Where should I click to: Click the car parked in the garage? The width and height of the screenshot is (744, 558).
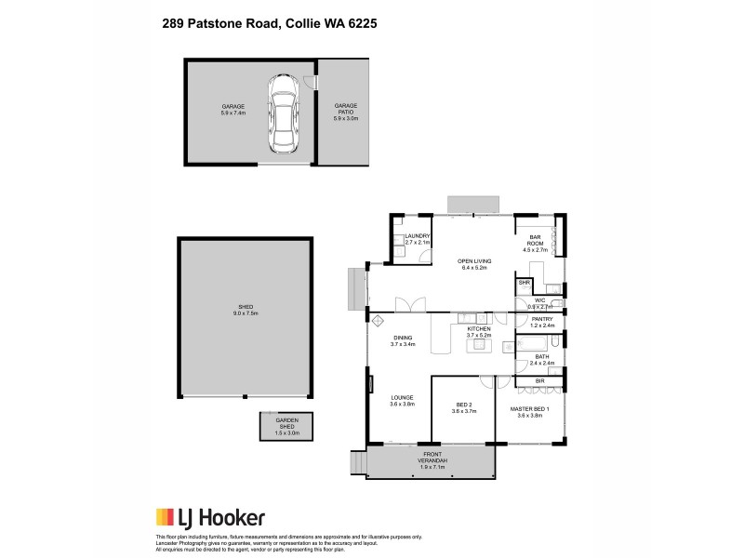tap(283, 114)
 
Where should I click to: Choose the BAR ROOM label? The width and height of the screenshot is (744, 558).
tap(535, 239)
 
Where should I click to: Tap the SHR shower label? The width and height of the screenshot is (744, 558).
tap(524, 283)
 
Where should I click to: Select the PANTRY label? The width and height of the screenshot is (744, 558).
tap(541, 321)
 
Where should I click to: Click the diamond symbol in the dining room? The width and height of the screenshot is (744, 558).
tap(379, 321)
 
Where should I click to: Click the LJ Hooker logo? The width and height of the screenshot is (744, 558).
tap(209, 518)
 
